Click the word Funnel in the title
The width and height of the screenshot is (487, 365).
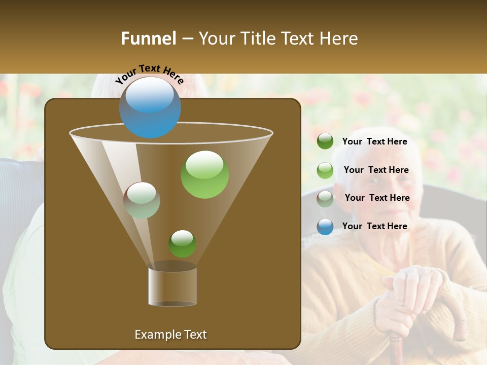(148, 39)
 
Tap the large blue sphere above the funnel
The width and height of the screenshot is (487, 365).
(150, 107)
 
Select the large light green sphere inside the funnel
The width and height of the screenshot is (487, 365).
(204, 174)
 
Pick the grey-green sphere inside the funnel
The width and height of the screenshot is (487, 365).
(142, 200)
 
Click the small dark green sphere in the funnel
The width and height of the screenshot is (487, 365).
(182, 244)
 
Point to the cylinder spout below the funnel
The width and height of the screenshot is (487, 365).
(172, 286)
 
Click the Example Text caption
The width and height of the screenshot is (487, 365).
(170, 335)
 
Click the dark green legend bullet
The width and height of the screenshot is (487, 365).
(325, 141)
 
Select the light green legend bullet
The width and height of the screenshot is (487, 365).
(325, 170)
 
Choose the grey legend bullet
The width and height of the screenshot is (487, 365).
(325, 199)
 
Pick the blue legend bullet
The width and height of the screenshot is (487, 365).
(325, 227)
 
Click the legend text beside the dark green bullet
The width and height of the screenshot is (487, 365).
(375, 142)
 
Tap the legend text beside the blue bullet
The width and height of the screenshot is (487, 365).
(375, 226)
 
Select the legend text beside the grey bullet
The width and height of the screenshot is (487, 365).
(377, 198)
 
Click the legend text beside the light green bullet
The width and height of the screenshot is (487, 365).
(376, 170)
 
